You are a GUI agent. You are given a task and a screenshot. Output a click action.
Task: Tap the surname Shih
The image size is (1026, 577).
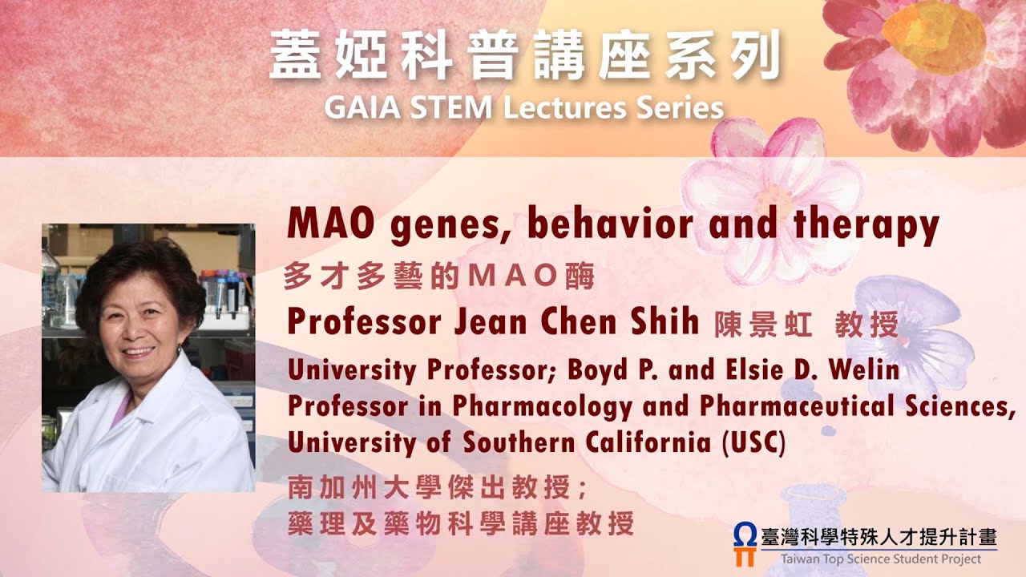coord(664,322)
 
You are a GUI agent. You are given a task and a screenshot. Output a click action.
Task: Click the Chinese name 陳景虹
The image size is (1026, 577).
coord(764,324)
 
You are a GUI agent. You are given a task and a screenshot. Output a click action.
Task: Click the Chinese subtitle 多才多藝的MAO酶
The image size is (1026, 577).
coord(440,276)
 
